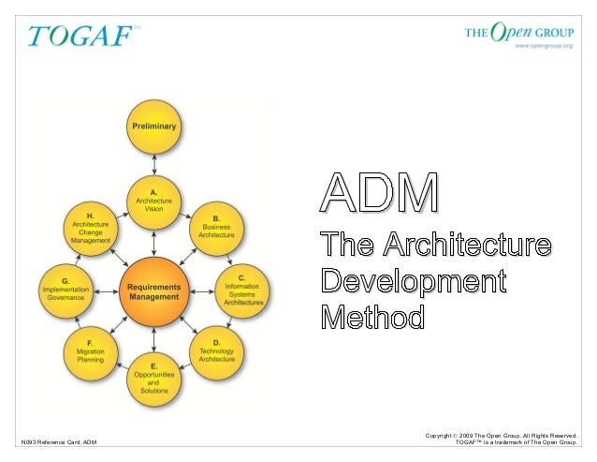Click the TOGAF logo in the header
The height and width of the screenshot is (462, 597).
[x=82, y=36]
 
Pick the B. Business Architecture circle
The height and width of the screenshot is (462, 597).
[x=216, y=228]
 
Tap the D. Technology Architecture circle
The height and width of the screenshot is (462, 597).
[x=216, y=352]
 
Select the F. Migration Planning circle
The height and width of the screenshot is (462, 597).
[x=91, y=352]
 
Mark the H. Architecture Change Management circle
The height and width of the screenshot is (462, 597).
[x=91, y=228]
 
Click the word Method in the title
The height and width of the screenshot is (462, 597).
[x=372, y=317]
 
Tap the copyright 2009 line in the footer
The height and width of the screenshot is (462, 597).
[x=502, y=435]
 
